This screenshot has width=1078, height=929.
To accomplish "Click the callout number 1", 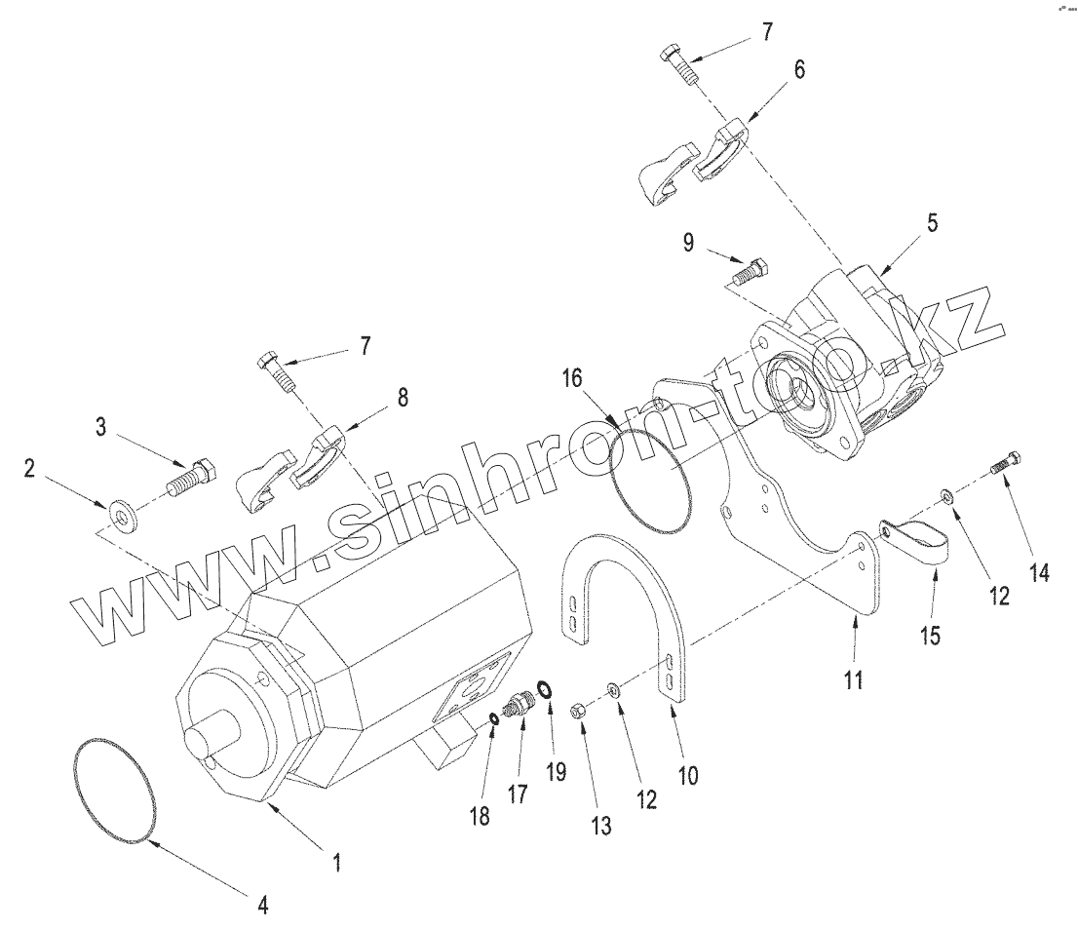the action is pos(337,862).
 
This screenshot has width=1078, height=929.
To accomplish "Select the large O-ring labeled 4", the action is pos(115,790).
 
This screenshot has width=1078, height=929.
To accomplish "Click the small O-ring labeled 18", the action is pos(494,719).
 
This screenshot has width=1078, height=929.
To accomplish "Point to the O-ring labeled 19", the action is pos(546,691).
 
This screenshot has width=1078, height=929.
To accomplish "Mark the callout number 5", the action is pos(932,223).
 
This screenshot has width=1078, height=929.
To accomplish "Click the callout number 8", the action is pos(403,397).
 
